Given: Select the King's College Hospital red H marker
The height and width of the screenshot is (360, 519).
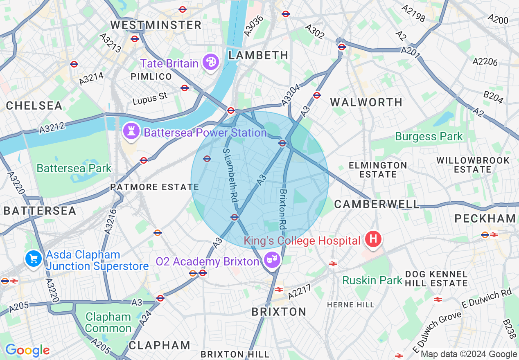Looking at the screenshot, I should [373, 239].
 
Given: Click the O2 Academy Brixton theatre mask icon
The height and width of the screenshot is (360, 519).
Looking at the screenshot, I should [272, 260].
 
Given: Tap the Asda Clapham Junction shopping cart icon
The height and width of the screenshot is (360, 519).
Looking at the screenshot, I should [33, 259].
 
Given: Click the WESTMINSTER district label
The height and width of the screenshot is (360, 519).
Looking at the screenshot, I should [156, 25].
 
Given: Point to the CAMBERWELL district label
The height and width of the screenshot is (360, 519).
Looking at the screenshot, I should [377, 204].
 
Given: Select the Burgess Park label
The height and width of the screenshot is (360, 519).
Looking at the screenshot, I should [429, 136].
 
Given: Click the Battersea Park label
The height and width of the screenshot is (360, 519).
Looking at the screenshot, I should [74, 168].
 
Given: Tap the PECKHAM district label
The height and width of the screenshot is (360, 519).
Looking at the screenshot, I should [485, 218].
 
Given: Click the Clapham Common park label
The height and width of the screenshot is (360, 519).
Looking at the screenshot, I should [108, 322].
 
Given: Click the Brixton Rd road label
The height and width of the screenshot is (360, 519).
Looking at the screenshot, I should [282, 209].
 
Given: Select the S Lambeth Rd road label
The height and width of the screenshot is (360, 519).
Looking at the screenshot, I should [230, 174].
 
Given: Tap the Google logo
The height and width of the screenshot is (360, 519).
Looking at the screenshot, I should [27, 350].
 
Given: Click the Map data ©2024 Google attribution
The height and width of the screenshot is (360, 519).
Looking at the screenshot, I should [469, 354].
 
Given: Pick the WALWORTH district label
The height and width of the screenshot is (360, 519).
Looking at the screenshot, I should [367, 102].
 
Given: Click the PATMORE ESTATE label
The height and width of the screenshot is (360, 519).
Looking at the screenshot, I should [154, 187].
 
